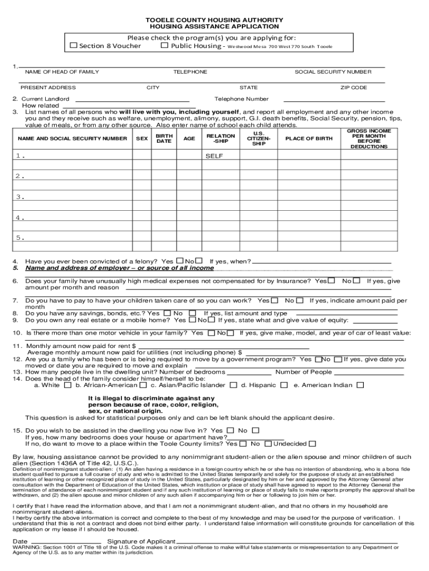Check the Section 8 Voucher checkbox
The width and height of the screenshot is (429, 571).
(74, 46)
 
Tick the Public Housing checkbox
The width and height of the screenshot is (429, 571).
(164, 46)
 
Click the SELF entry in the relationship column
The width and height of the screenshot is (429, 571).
(214, 156)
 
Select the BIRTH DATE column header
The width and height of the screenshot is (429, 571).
(164, 139)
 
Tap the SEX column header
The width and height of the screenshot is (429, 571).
(142, 138)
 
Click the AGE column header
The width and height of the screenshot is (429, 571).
(189, 138)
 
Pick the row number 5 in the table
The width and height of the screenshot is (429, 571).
(20, 238)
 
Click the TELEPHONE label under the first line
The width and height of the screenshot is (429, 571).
(190, 72)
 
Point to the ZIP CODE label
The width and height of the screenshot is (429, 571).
(354, 88)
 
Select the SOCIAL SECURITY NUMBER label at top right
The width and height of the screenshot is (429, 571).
(333, 72)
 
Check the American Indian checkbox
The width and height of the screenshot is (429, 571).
(360, 385)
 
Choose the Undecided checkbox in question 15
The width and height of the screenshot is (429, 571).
(312, 444)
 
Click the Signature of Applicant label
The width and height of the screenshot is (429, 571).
(142, 541)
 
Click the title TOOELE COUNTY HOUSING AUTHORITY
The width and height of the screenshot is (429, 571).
(214, 19)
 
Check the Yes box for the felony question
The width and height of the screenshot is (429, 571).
(179, 261)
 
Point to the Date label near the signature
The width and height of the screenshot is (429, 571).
(20, 541)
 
